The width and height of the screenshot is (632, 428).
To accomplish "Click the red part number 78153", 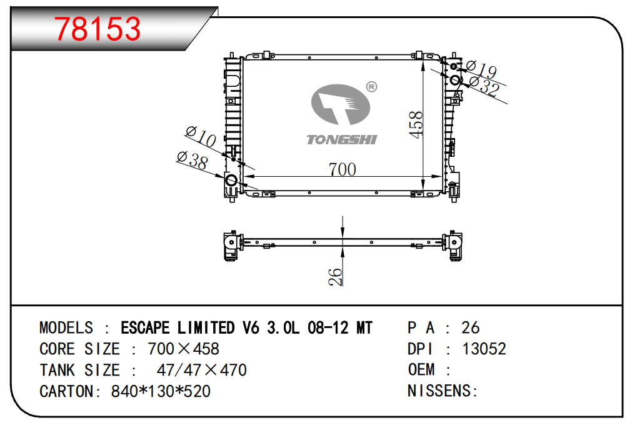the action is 98,29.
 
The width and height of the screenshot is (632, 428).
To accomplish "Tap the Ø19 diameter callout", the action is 481,69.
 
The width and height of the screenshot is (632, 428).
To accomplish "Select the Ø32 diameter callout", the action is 484,86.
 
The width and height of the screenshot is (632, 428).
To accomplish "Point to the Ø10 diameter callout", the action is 201,136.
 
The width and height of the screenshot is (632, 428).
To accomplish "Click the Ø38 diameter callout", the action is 193,159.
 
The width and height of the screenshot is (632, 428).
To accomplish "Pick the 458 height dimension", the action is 416,124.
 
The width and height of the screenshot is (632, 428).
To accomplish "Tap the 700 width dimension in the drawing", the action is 342,169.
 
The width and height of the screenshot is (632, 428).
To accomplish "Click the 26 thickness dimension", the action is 335,277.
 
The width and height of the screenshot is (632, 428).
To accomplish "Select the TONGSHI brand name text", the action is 342,139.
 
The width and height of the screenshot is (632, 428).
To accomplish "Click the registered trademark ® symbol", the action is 371,87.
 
